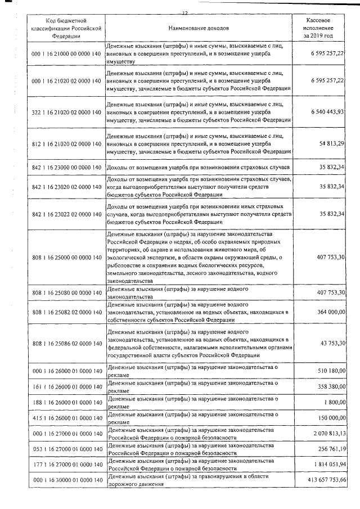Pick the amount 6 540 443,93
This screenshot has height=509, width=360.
point(326,113)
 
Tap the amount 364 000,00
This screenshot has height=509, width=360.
point(330,312)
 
